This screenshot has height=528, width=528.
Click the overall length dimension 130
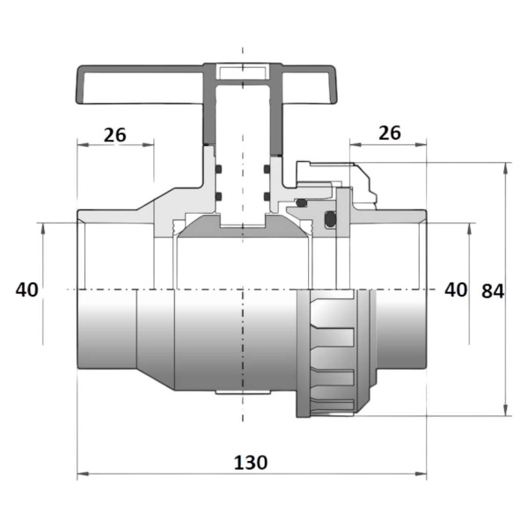coord(251,462)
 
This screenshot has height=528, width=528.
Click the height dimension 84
coord(493,291)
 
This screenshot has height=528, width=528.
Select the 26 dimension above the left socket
coord(114,135)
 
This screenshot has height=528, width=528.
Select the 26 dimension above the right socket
coord(390,133)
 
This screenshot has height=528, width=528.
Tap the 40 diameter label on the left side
coord(27,290)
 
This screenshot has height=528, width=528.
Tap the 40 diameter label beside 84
coord(456,290)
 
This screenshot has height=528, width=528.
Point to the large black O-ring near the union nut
coord(330,219)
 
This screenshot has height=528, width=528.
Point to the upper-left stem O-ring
coord(218,169)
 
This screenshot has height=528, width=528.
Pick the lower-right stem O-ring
coord(267,196)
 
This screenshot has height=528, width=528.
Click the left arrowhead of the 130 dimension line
coord(83,473)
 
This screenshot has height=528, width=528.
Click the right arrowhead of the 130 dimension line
coord(421,473)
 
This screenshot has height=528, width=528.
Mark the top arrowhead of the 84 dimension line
coord(505,168)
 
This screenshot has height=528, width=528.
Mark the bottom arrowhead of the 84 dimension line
coord(505,410)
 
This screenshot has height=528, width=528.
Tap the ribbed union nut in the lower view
coord(334,354)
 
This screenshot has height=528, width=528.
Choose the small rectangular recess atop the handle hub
coord(243,71)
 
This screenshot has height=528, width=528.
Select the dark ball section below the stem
coord(243,227)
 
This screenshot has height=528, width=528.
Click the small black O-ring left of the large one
coord(301,202)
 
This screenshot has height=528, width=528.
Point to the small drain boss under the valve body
coord(243,392)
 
